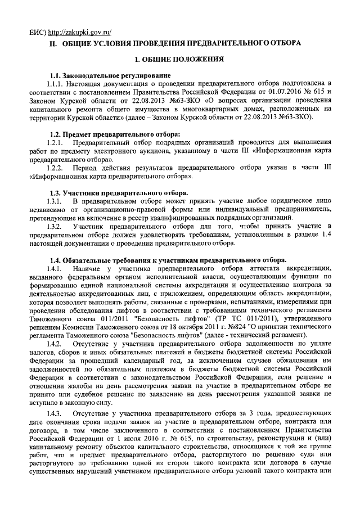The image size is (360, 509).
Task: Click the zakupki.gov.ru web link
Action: [79, 31]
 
